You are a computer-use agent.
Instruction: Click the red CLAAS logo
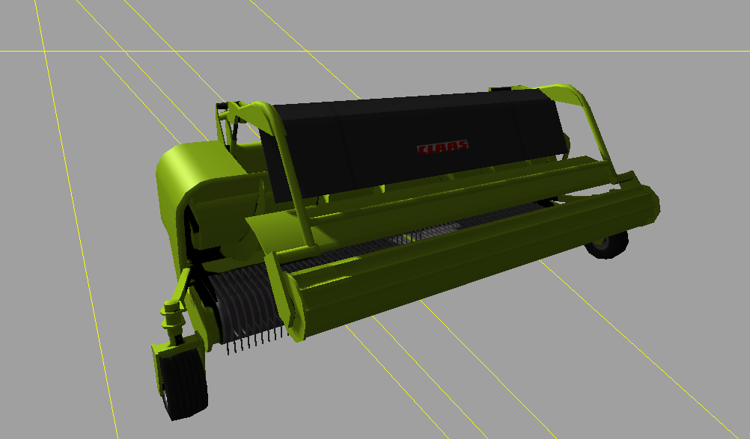[442, 147]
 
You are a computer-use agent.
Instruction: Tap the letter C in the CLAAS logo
[422, 150]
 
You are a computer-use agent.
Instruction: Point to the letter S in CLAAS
[463, 145]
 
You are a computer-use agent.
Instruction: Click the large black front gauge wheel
[183, 382]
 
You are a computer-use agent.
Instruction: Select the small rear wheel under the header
[608, 244]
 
